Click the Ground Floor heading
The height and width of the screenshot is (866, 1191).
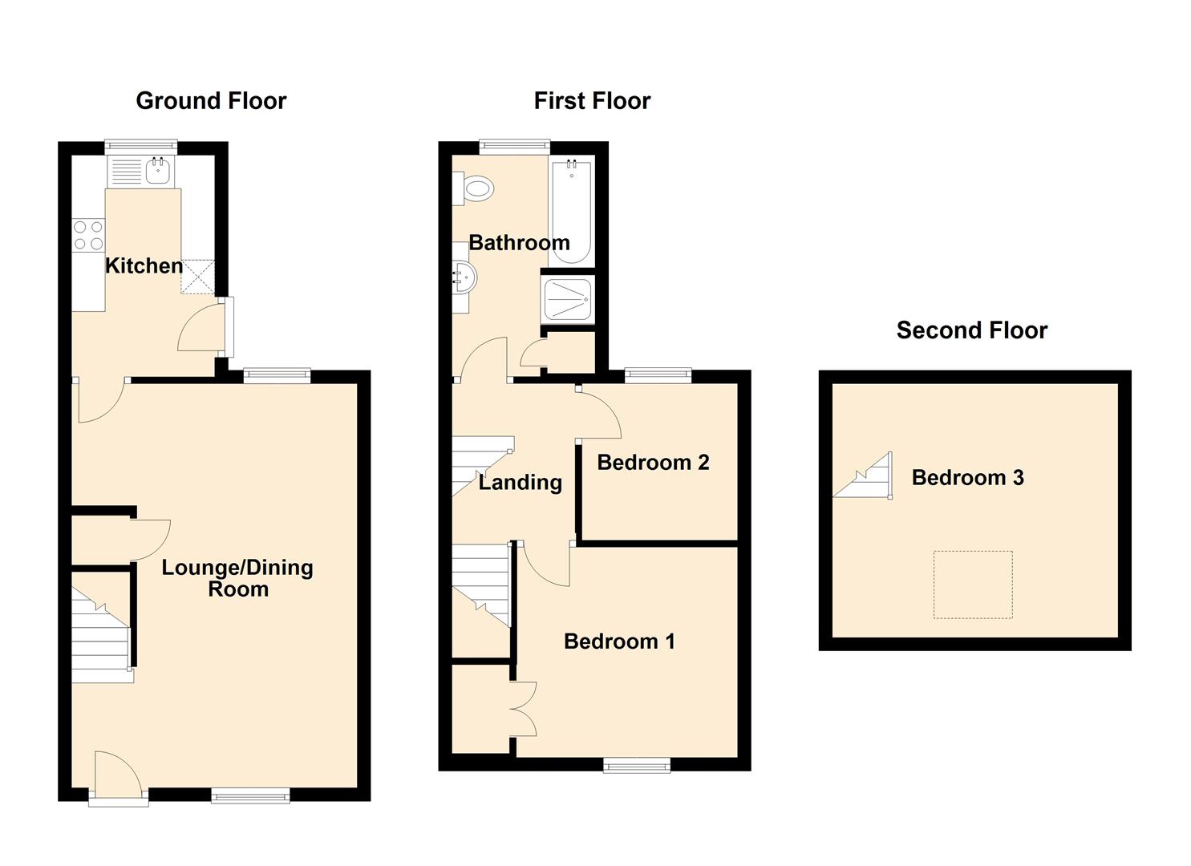coord(211,101)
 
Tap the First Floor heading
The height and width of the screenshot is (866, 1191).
coord(592,101)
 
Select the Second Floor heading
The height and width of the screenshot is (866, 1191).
coord(972,330)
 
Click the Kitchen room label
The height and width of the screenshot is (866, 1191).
coord(144,265)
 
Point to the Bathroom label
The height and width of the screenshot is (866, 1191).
coord(520,243)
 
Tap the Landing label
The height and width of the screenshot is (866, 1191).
coord(520,483)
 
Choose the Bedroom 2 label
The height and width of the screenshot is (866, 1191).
coord(653,463)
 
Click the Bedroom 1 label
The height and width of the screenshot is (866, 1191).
coord(619,641)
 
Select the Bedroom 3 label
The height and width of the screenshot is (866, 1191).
coord(968,477)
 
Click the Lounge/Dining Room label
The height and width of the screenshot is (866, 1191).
coord(237,578)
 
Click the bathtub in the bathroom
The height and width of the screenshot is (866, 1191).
coord(572,211)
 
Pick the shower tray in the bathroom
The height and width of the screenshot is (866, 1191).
coord(567,300)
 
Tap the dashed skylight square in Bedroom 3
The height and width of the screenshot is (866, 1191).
coord(973,585)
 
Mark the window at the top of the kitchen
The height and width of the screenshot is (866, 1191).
coord(141,148)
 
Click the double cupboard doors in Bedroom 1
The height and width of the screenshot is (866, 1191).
coord(524,708)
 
